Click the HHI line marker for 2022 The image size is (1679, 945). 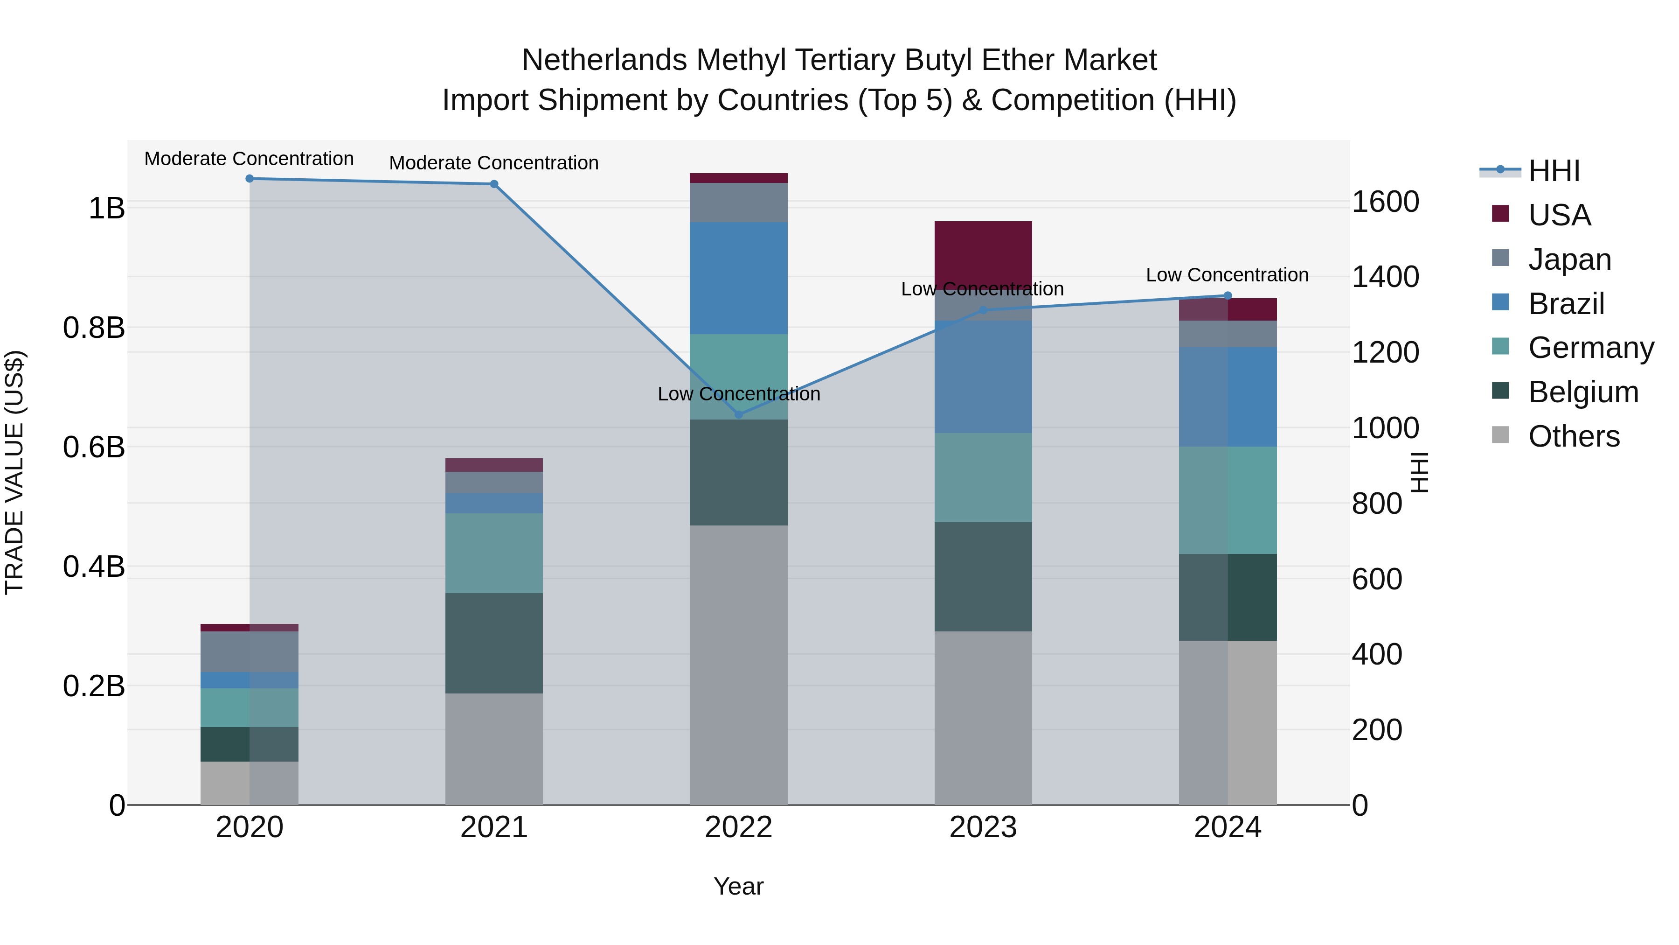738,414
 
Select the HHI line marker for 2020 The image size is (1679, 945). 250,179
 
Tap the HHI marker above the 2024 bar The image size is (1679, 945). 1228,295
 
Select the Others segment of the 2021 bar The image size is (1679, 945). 494,749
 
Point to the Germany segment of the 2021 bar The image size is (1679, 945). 494,553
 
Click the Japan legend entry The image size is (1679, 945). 1569,259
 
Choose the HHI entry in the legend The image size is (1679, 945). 1554,171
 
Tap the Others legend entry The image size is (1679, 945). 1574,436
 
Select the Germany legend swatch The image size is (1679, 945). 1500,346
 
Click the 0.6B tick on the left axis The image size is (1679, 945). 94,448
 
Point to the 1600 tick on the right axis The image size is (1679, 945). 1385,202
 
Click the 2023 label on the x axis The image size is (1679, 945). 983,827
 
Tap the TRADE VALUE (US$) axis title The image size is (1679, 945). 14,472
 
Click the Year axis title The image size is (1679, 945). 738,886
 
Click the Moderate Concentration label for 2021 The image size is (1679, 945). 494,163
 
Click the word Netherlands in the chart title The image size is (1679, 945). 604,60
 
